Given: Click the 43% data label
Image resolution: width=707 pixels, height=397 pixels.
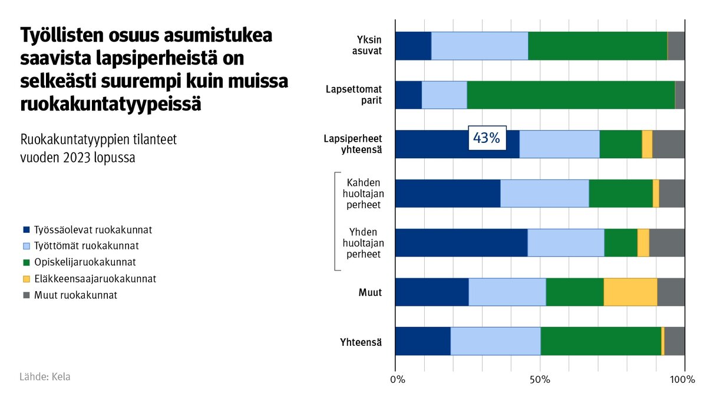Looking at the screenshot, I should point(486,138).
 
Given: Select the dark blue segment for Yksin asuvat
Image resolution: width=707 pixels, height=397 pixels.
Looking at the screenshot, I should point(413,46).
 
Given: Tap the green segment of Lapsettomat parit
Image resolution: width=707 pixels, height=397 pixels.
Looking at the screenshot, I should point(570,95).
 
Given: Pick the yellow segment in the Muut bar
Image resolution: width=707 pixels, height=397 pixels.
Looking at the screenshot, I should point(630,292).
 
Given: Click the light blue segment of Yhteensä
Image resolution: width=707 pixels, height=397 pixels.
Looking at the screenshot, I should point(495,341).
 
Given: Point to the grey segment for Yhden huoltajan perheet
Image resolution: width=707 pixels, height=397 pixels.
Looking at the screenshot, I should point(666,242).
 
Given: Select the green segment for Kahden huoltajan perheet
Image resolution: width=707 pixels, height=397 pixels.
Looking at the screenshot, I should point(620,194).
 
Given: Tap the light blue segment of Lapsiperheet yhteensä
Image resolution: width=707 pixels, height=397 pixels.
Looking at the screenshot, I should point(559,144).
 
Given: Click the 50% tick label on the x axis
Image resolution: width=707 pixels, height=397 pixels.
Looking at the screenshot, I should point(540,379).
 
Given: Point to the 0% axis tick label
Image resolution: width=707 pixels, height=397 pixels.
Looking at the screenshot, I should point(398,379).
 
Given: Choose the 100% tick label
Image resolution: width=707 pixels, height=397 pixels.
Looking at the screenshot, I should point(683,379).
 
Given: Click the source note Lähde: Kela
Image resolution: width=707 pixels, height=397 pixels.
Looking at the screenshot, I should point(45,376).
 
